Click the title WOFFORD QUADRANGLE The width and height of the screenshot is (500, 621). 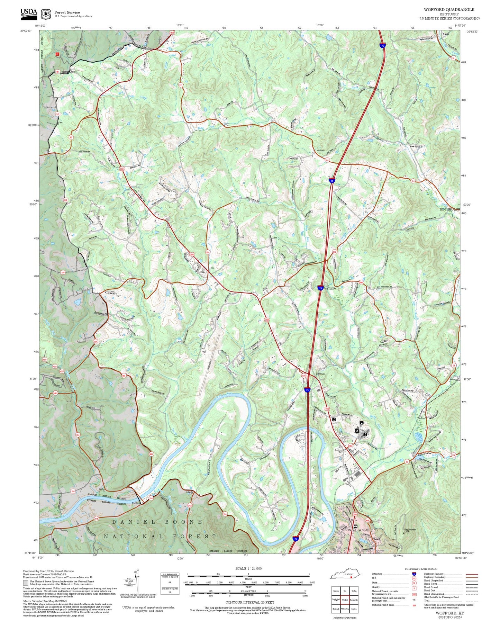(449, 10)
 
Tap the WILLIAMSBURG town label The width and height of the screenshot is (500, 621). (361, 530)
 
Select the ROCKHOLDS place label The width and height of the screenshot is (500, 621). (449, 209)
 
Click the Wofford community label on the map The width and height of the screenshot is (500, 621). (421, 418)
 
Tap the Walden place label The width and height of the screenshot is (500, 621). (321, 151)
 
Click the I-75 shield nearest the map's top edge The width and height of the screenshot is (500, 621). (382, 45)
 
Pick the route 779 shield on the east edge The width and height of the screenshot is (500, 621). (454, 455)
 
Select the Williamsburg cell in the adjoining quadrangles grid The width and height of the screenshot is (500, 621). (345, 609)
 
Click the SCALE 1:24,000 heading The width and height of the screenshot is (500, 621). (248, 568)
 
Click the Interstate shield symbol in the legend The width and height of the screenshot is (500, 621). (414, 574)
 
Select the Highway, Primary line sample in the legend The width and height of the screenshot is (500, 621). (472, 574)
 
